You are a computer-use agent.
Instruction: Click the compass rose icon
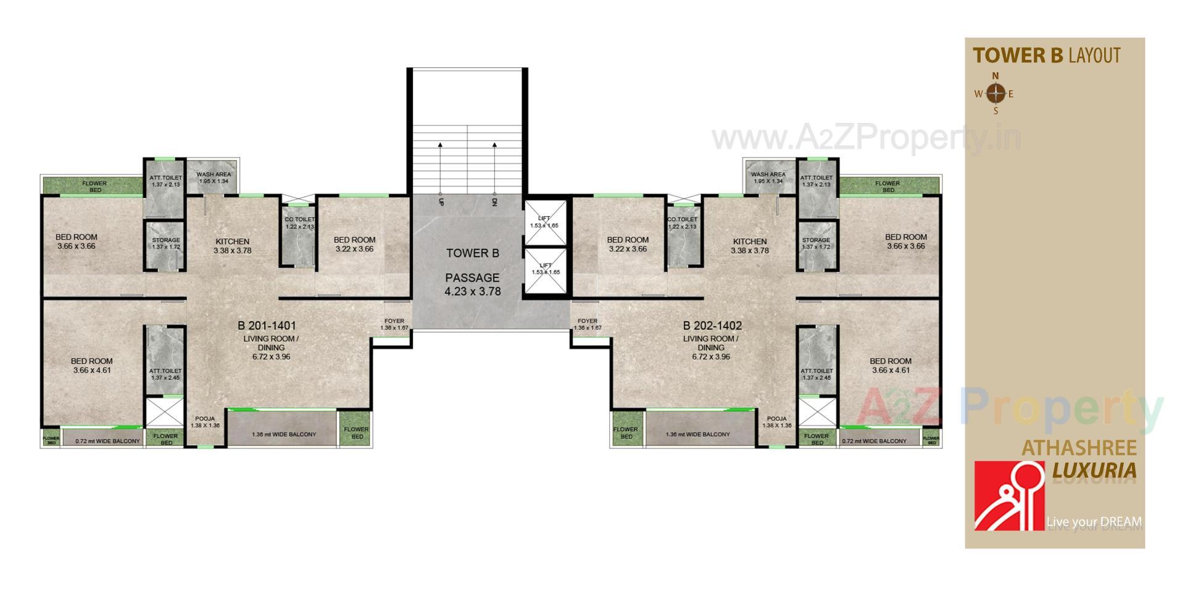point(996,94)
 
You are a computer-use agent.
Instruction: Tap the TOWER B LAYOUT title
point(1047,56)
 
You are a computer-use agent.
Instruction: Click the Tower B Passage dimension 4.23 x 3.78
point(473,291)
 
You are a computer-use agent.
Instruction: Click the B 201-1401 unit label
point(267,326)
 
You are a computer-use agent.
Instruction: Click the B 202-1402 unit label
point(712,326)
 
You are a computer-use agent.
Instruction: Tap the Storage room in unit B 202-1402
point(816,244)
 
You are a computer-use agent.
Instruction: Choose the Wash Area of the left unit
point(214,177)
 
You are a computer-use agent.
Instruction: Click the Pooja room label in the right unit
point(776,422)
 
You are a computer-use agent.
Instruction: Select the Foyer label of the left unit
point(394,324)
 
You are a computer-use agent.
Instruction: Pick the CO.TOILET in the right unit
point(682,223)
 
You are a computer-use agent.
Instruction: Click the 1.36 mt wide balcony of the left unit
point(284,434)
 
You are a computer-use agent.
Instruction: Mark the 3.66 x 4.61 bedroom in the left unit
point(91,366)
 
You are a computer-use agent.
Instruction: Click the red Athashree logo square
point(1009,495)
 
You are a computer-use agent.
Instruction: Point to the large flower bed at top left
point(94,186)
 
